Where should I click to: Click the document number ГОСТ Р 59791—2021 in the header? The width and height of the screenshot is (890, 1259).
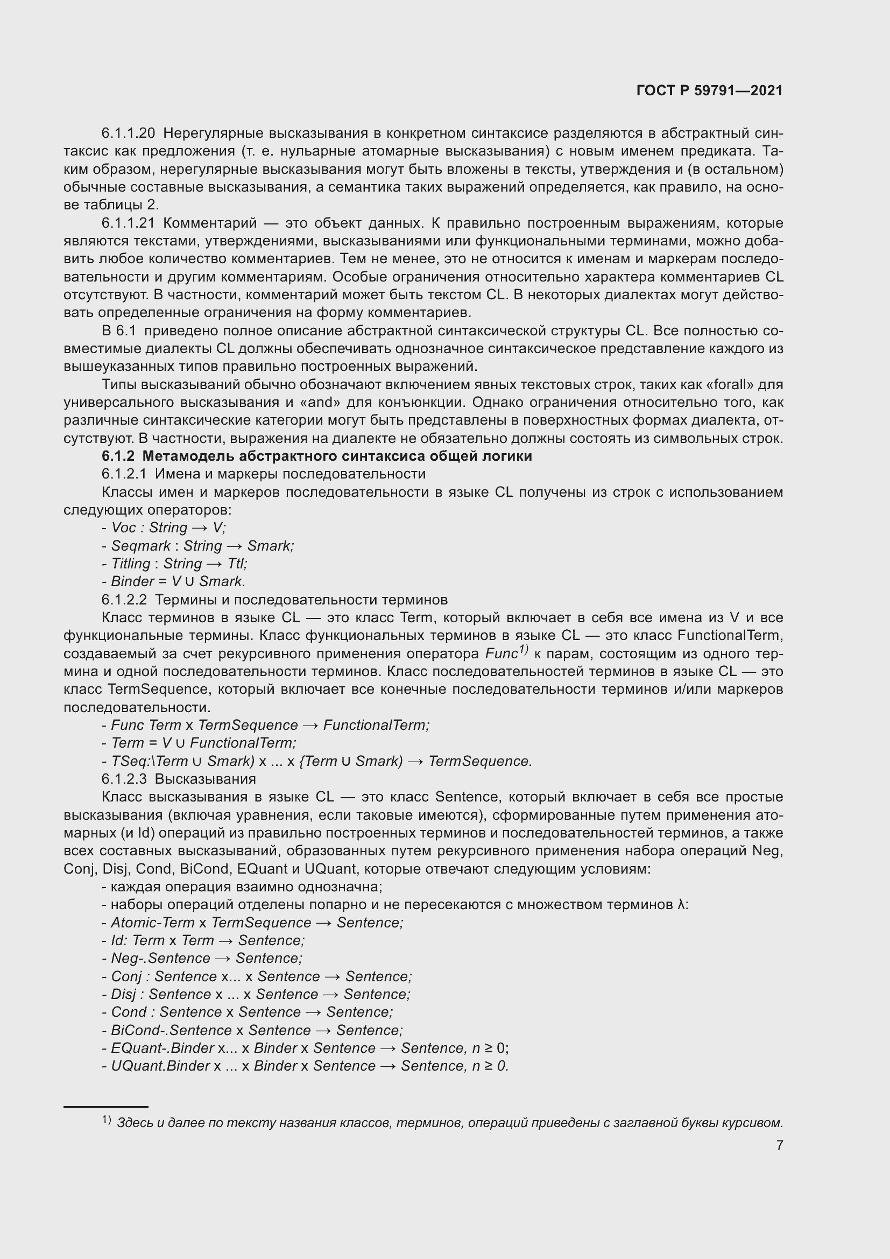pyautogui.click(x=709, y=90)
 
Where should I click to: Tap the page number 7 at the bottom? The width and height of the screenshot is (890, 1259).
pyautogui.click(x=779, y=1145)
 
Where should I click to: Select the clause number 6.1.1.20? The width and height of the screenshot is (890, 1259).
pyautogui.click(x=128, y=133)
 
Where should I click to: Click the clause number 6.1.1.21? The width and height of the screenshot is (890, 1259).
pyautogui.click(x=128, y=223)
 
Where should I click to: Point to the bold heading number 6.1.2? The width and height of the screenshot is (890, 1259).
pyautogui.click(x=118, y=456)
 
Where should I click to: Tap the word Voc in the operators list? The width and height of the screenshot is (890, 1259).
pyautogui.click(x=123, y=527)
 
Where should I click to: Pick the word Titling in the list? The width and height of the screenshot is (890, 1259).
pyautogui.click(x=130, y=564)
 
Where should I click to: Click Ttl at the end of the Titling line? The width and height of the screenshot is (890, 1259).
pyautogui.click(x=237, y=564)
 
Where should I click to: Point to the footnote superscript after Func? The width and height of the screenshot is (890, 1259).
pyautogui.click(x=523, y=650)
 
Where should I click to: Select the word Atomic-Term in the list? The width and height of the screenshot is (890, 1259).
pyautogui.click(x=152, y=923)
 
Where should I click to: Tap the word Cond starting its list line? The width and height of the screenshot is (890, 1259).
pyautogui.click(x=129, y=1012)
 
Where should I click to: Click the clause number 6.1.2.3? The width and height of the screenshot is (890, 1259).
pyautogui.click(x=124, y=779)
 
